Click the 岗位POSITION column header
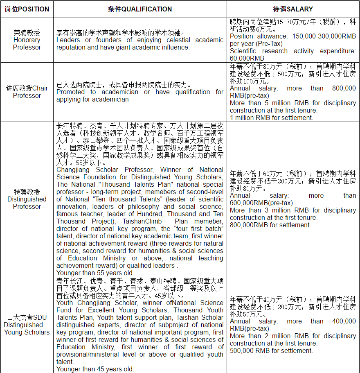click(27, 9)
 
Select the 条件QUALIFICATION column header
click(140, 9)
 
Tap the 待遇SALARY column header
click(293, 9)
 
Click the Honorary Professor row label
click(27, 40)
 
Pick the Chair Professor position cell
click(27, 92)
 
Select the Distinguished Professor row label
click(27, 199)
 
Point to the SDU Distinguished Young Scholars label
click(27, 325)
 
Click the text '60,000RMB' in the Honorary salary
click(247, 58)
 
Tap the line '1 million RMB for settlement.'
click(271, 118)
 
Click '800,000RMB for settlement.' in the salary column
click(270, 225)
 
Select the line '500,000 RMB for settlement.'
click(271, 350)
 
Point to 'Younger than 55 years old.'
click(95, 273)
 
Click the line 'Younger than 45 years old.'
click(95, 369)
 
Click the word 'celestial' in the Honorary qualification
click(173, 40)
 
